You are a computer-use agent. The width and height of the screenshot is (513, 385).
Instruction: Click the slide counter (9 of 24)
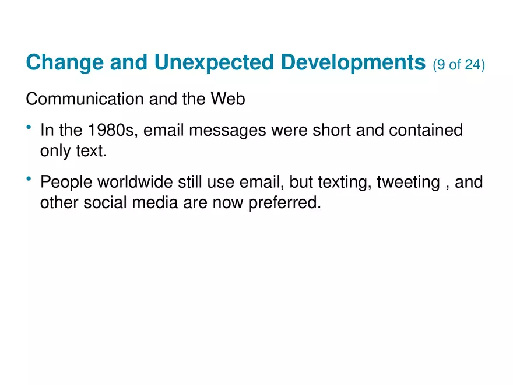(459, 64)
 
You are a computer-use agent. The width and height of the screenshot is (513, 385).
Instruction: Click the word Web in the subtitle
(228, 100)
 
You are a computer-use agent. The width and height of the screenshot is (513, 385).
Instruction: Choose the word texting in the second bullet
(342, 183)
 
